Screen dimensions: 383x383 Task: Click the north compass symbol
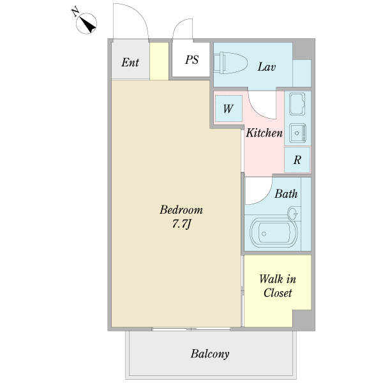pyautogui.click(x=86, y=24)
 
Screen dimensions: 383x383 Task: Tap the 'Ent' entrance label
pyautogui.click(x=130, y=63)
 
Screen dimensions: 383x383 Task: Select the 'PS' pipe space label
pyautogui.click(x=191, y=60)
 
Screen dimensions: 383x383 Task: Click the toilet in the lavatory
pyautogui.click(x=230, y=63)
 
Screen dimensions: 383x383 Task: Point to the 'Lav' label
pyautogui.click(x=267, y=67)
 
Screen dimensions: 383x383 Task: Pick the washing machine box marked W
pyautogui.click(x=229, y=109)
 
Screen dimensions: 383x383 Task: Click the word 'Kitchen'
pyautogui.click(x=264, y=133)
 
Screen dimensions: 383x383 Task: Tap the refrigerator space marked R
pyautogui.click(x=297, y=160)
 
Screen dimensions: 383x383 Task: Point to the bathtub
pyautogui.click(x=274, y=233)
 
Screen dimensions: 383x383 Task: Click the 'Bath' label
pyautogui.click(x=286, y=194)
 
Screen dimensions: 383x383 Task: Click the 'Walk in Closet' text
pyautogui.click(x=278, y=286)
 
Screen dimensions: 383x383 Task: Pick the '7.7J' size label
pyautogui.click(x=181, y=224)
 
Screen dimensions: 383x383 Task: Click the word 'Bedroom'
pyautogui.click(x=181, y=210)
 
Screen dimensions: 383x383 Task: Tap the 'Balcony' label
pyautogui.click(x=210, y=354)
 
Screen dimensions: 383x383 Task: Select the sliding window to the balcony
pyautogui.click(x=191, y=329)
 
